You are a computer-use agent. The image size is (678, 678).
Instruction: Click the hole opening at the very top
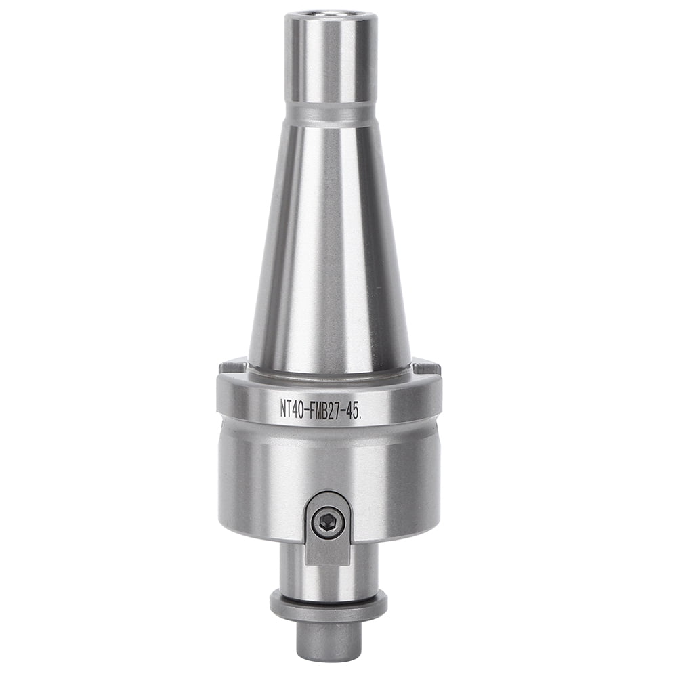click(329, 14)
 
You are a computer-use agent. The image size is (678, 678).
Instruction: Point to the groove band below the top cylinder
click(329, 112)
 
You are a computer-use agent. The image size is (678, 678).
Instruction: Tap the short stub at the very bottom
click(329, 640)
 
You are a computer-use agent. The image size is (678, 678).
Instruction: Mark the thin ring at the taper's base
click(329, 373)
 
